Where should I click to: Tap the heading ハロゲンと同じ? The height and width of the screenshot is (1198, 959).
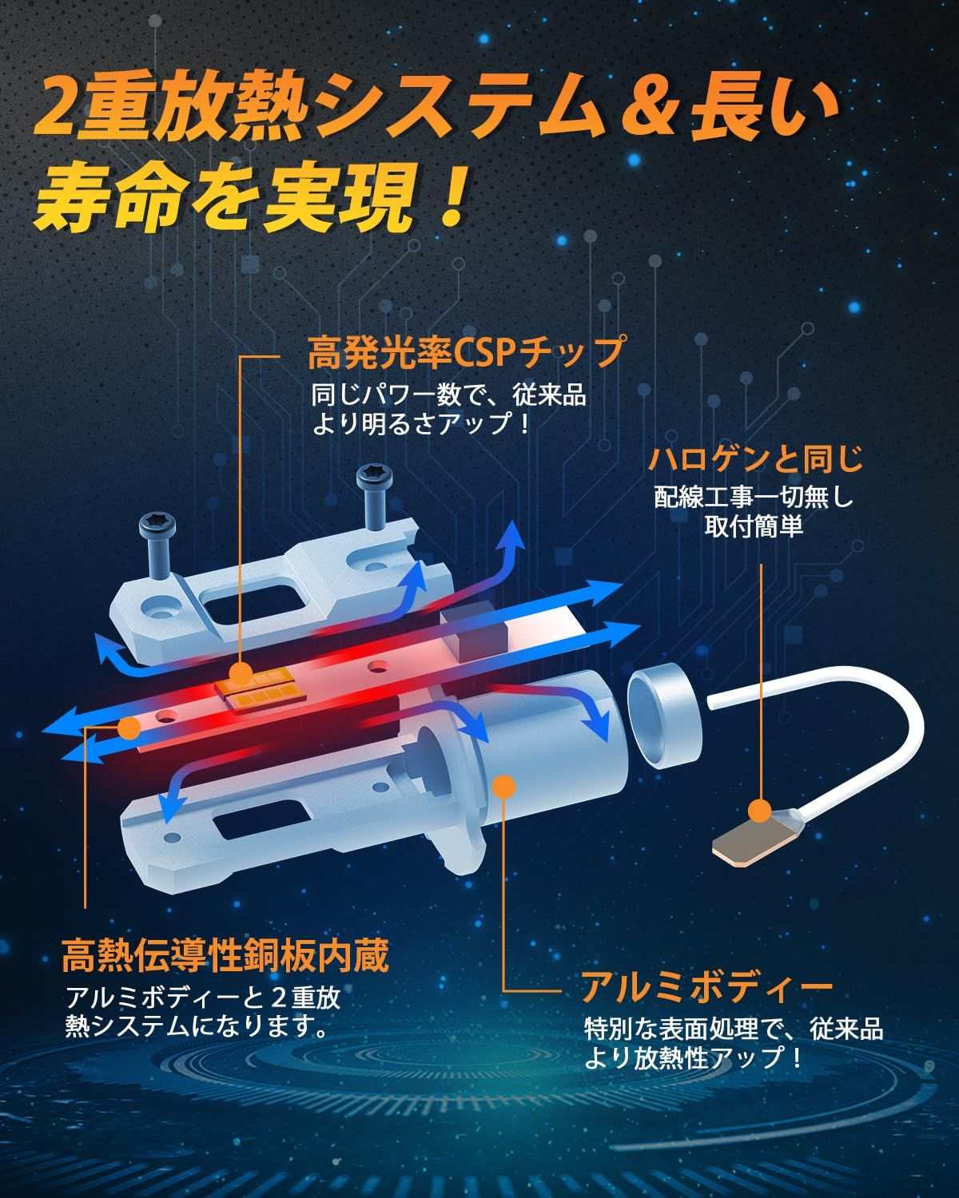click(x=755, y=460)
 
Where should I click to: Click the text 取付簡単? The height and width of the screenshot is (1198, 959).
click(x=754, y=526)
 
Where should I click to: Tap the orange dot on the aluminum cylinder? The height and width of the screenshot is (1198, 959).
click(x=503, y=786)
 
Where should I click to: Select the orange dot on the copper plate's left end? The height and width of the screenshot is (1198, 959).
click(x=129, y=728)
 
